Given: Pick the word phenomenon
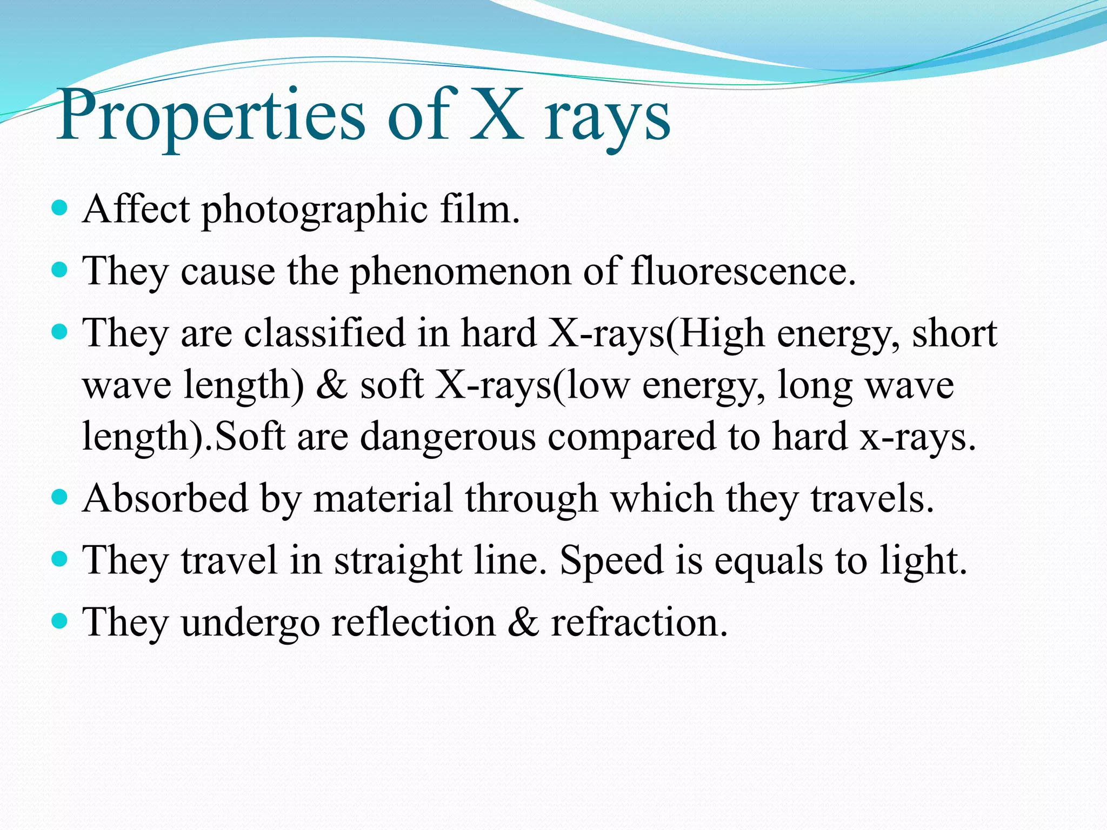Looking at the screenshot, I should (460, 272).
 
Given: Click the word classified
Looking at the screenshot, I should (324, 333).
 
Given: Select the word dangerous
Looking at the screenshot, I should (448, 437).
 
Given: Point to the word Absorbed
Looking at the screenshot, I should (165, 498).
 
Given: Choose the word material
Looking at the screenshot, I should (383, 498).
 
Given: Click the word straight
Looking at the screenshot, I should (398, 560).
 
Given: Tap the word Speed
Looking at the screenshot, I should (611, 560).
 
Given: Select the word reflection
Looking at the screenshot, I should (414, 622).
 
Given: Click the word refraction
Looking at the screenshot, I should (639, 622).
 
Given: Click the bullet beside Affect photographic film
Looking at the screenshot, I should (60, 207).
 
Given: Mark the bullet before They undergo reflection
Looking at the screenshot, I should (60, 620).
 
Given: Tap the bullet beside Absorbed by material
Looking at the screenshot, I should (60, 496).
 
